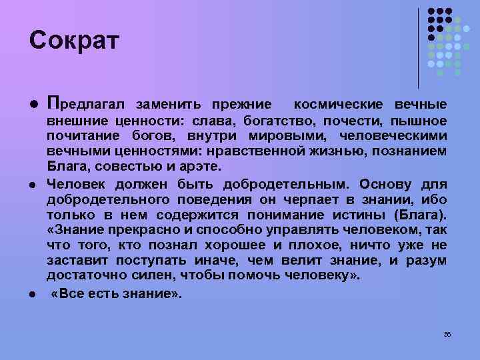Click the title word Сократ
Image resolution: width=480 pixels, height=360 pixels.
pyautogui.click(x=74, y=41)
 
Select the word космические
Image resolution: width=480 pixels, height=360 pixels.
pyautogui.click(x=338, y=105)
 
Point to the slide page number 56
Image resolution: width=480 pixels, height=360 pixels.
pyautogui.click(x=447, y=333)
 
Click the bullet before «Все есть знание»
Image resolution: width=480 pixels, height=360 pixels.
pyautogui.click(x=32, y=294)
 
